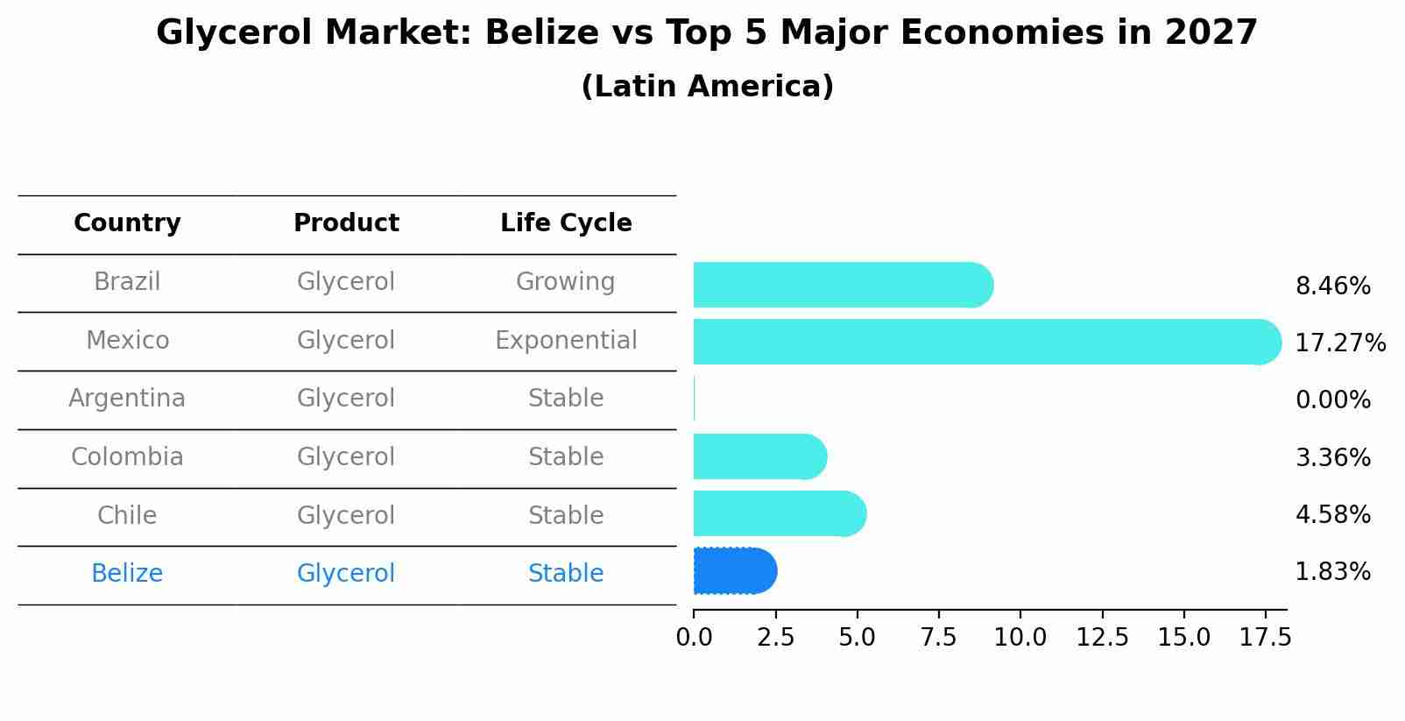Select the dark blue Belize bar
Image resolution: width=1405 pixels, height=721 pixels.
tap(734, 571)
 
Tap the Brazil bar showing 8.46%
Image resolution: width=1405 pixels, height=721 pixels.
tap(842, 285)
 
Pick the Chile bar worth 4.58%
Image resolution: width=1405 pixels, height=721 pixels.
tap(779, 513)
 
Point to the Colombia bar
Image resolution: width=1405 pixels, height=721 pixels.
tap(759, 456)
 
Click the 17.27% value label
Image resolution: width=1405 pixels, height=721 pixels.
tap(1339, 343)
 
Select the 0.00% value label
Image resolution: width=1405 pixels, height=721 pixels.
tap(1332, 400)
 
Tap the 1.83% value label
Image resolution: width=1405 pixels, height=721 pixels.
tap(1332, 572)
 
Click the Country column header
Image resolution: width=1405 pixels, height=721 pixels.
tap(127, 223)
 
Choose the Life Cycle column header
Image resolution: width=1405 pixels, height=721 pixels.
tap(566, 223)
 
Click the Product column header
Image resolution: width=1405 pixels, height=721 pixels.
tap(346, 223)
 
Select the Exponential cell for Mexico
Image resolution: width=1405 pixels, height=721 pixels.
tap(566, 341)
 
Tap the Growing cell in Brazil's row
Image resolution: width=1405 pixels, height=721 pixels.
tap(565, 282)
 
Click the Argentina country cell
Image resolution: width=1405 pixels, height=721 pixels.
tap(127, 399)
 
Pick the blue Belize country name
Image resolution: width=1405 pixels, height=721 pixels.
tap(127, 574)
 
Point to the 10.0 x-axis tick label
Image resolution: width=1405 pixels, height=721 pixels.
tap(1020, 638)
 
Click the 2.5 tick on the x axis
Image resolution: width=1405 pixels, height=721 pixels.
tap(775, 638)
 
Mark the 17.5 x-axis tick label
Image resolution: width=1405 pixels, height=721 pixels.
tap(1265, 638)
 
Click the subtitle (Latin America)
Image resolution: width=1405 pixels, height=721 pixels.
tap(707, 87)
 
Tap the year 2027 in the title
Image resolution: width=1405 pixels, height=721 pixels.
tap(1211, 33)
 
